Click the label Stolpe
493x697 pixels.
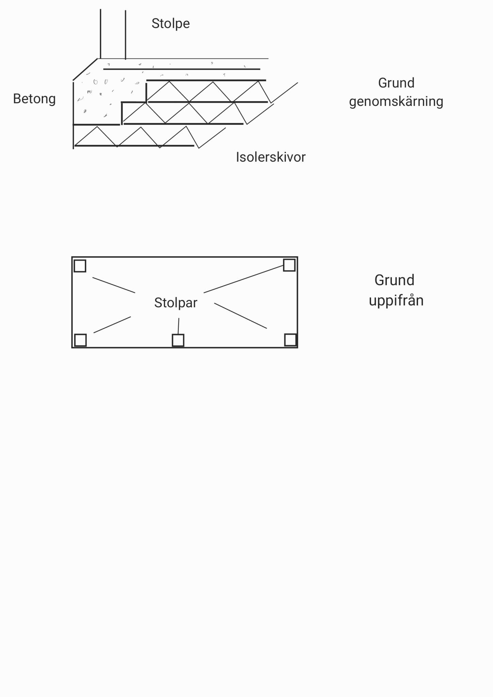point(171,23)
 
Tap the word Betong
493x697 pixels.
point(34,99)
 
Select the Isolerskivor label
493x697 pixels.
point(271,157)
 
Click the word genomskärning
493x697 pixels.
point(396,102)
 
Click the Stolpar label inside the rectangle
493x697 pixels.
point(176,303)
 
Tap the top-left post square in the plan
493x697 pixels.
point(80,266)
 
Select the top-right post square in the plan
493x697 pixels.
point(289,265)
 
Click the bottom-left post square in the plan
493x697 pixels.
point(80,340)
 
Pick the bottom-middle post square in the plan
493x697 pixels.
point(178,340)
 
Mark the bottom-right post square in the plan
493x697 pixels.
point(290,340)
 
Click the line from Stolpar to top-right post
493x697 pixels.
point(244,279)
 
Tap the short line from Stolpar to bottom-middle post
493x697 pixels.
point(178,326)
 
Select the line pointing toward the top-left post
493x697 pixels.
point(114,285)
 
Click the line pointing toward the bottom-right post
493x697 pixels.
point(240,315)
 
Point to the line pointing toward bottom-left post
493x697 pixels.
point(112,325)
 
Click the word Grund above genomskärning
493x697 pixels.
point(396,83)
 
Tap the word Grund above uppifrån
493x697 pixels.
point(394,280)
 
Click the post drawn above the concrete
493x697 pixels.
point(113,34)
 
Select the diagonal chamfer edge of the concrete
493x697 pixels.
point(85,69)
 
